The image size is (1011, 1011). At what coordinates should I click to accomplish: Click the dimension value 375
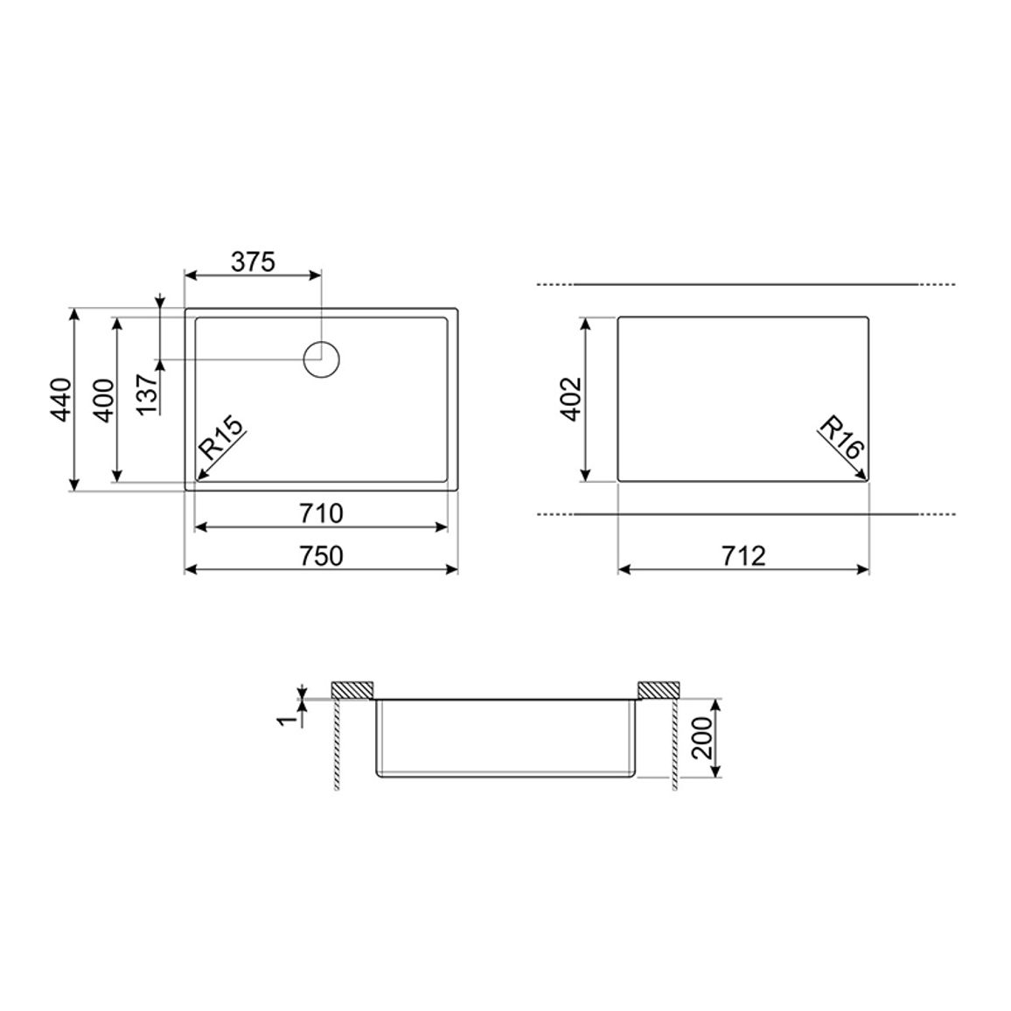point(254,261)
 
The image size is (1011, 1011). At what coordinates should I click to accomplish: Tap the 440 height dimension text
point(61,400)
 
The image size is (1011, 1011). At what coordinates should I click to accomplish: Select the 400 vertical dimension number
point(104,401)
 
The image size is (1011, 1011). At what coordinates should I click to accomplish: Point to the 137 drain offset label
point(147,394)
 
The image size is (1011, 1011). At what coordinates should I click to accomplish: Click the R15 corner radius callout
point(221,437)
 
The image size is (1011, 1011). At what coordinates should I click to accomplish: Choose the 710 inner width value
point(321,514)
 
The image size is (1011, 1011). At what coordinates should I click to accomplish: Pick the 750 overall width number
point(321,556)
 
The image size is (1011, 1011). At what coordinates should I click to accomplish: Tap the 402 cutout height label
point(571,399)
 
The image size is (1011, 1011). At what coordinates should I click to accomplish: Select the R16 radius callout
point(840,437)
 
